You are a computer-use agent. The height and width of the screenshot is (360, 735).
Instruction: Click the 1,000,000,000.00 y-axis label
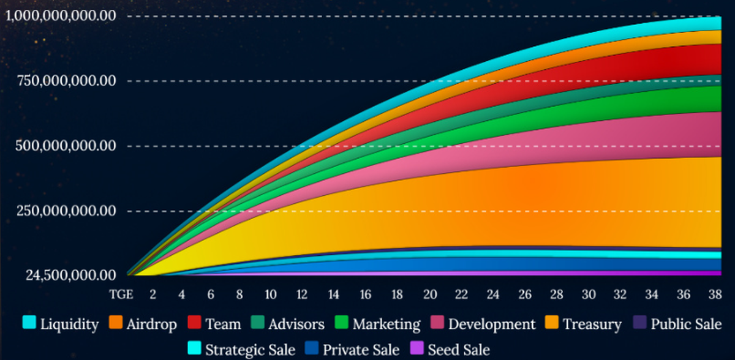coord(61,16)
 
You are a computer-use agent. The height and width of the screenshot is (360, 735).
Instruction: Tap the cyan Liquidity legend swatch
coord(29,322)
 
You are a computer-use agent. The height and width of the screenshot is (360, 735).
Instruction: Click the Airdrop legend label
coord(151,324)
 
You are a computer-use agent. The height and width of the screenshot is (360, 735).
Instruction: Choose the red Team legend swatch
coord(195,322)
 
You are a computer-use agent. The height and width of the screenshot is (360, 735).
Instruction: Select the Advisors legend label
coord(296,324)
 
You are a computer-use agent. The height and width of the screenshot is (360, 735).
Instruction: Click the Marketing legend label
coord(386,324)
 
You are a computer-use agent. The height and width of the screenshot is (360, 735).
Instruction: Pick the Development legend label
coord(492,324)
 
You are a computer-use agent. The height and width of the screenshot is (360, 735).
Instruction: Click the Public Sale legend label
coord(685,324)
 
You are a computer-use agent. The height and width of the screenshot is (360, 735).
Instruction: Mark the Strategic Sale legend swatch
coord(194,348)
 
